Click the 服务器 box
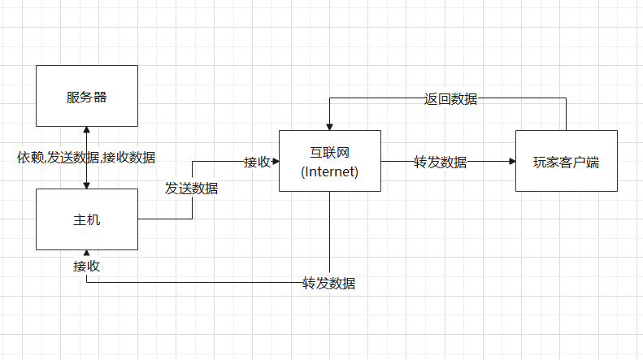click(x=87, y=97)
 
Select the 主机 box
click(x=87, y=219)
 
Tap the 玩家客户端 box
click(x=566, y=161)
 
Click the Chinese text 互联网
click(x=329, y=152)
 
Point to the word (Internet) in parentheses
click(x=329, y=171)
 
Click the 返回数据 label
click(x=450, y=99)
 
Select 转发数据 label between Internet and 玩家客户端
click(x=440, y=162)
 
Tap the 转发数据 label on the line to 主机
click(x=329, y=284)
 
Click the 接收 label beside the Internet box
click(x=258, y=162)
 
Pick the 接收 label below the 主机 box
click(x=86, y=266)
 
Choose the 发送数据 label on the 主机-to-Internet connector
click(x=192, y=189)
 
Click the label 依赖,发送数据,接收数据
click(x=86, y=157)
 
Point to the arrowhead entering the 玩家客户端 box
click(x=511, y=162)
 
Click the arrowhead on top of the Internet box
click(x=329, y=126)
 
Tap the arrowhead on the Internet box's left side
click(x=275, y=162)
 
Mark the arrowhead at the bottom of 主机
click(x=86, y=254)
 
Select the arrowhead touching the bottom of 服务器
click(x=86, y=131)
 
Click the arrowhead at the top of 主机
click(x=86, y=185)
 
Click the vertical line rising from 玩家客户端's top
click(x=566, y=114)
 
